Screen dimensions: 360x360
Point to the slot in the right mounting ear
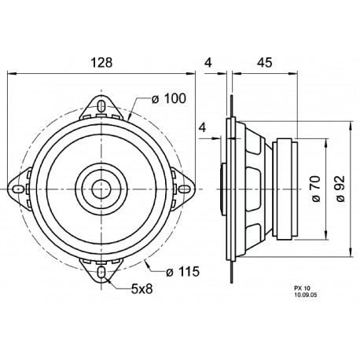coord(188,189)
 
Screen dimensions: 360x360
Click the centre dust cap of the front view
coord(103,189)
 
